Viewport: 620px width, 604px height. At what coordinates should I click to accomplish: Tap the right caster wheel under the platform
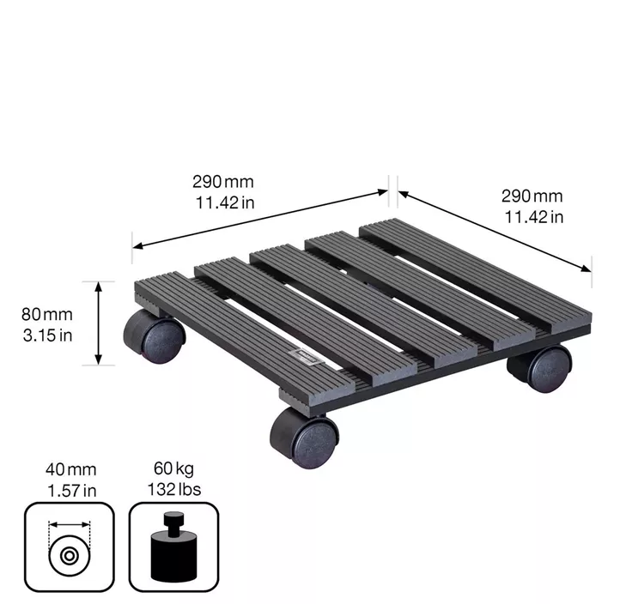(x=541, y=368)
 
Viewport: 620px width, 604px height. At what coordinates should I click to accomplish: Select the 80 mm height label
(x=48, y=314)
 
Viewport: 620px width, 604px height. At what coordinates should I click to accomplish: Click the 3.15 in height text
(x=48, y=334)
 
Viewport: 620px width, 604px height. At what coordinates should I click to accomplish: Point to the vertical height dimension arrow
(x=100, y=323)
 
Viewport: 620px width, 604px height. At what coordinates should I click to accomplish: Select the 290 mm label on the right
(x=532, y=196)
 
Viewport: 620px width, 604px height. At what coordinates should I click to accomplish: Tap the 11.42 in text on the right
(x=533, y=216)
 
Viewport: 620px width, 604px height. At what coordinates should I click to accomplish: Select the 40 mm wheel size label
(x=70, y=469)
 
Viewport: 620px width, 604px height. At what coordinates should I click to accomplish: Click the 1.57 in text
(x=70, y=489)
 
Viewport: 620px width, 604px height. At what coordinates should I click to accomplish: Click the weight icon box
(x=174, y=547)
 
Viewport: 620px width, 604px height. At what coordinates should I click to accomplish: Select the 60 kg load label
(x=174, y=469)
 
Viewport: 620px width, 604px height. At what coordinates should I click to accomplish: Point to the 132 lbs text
(x=174, y=489)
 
